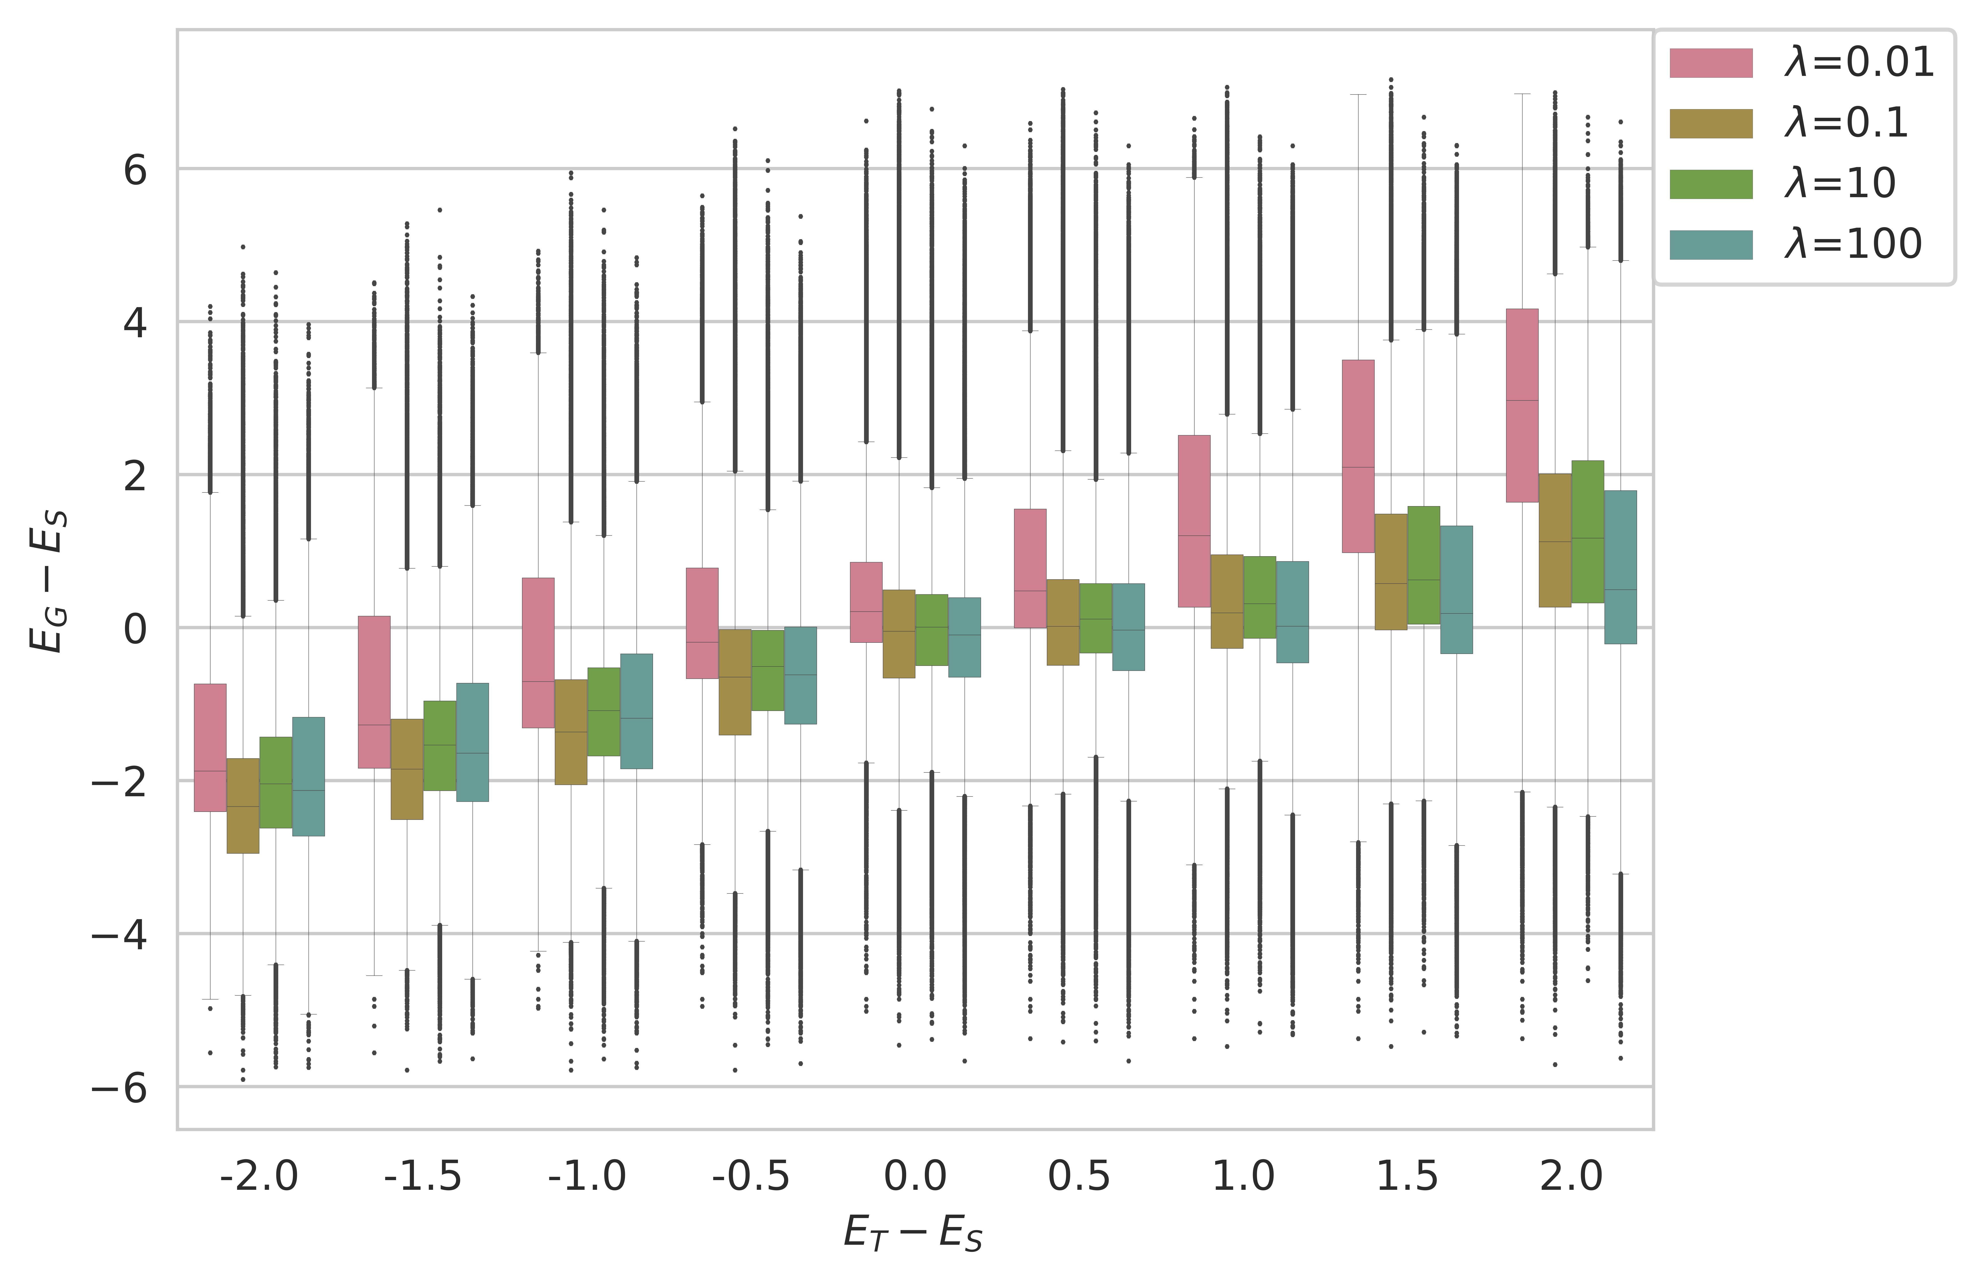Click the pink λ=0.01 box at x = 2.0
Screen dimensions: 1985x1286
[1522, 405]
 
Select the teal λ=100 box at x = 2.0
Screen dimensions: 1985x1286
[1620, 567]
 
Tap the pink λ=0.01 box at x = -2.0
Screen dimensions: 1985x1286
[210, 747]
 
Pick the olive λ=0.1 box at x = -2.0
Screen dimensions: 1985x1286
[243, 806]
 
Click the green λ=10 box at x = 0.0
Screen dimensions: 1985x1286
[931, 630]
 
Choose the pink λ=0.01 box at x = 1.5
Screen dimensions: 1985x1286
[1358, 456]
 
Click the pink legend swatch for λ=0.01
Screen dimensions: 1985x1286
[1711, 62]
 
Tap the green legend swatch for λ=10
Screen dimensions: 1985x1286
[1711, 184]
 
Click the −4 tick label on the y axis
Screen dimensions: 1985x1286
[119, 935]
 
